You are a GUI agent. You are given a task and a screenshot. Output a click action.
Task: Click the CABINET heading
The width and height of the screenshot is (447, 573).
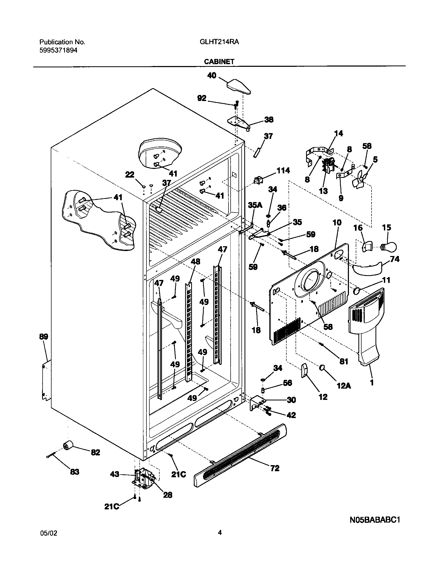(x=219, y=62)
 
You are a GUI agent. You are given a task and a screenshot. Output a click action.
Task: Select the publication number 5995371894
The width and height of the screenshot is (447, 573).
(x=58, y=51)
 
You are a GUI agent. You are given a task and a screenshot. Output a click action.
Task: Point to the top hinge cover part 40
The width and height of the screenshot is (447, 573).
(x=239, y=87)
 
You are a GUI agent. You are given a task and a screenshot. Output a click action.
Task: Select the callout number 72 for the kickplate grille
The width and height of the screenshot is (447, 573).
(x=275, y=468)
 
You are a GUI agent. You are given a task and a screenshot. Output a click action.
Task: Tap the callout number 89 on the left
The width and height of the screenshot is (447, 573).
(x=44, y=336)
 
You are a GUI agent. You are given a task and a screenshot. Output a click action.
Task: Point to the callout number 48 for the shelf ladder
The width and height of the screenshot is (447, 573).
(x=195, y=262)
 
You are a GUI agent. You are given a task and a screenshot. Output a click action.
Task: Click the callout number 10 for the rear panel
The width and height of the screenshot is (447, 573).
(x=337, y=223)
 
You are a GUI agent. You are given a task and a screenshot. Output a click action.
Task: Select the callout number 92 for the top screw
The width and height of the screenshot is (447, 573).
(x=202, y=98)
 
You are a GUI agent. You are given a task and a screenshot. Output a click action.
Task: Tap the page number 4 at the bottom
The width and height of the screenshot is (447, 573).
(x=220, y=533)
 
